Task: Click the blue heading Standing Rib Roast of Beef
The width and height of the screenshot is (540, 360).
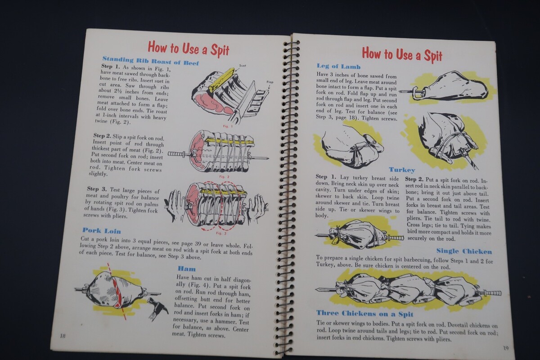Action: (x=151, y=61)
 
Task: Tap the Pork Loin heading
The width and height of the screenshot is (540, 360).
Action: (x=102, y=231)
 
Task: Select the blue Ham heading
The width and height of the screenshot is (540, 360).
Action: (x=187, y=269)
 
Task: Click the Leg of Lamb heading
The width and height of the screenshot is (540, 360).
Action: (x=338, y=66)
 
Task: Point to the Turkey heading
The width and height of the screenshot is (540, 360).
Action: (x=402, y=170)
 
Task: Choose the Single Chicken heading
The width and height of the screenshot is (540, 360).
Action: (x=464, y=251)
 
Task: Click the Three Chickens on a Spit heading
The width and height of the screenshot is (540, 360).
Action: (x=365, y=314)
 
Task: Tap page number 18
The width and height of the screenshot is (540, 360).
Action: (x=63, y=336)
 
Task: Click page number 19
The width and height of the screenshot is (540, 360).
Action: (x=506, y=348)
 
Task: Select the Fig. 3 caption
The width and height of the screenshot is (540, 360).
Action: (x=221, y=233)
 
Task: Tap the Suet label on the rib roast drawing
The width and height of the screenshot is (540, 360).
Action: (x=243, y=66)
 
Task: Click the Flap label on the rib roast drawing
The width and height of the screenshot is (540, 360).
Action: (x=270, y=82)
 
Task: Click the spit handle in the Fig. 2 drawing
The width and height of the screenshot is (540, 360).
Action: (x=176, y=154)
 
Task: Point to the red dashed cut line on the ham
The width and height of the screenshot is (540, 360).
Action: (x=117, y=291)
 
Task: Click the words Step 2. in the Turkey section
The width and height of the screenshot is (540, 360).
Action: (x=414, y=180)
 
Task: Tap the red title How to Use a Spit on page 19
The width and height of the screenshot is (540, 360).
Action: (x=402, y=55)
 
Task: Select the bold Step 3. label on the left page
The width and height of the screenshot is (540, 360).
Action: (x=97, y=189)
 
